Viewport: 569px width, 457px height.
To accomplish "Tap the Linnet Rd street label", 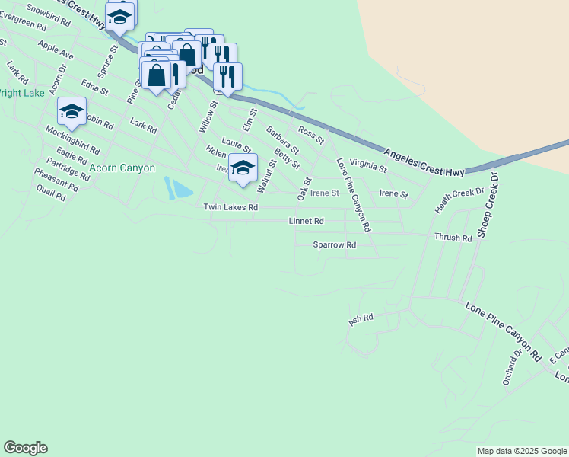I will (307, 221).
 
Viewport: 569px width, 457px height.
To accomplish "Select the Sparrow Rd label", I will (335, 245).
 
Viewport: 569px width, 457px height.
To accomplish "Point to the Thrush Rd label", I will (453, 238).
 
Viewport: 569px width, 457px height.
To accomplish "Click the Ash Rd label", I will (361, 319).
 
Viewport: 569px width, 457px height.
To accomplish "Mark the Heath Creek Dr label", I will (459, 200).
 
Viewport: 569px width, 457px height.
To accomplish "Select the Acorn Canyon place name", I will (122, 168).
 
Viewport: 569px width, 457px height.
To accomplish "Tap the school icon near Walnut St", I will (243, 168).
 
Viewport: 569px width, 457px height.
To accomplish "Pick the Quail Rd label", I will (50, 192).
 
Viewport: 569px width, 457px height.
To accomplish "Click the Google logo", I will (25, 448).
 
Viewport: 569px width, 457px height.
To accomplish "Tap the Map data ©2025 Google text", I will (521, 451).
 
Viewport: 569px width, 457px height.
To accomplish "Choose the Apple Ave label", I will (56, 51).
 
